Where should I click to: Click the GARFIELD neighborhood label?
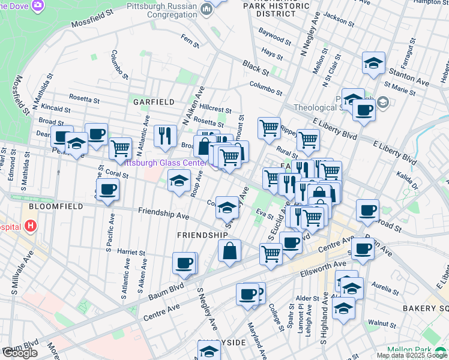point(154,102)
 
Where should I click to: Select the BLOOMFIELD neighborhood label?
point(48,205)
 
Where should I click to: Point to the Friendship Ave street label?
point(163,213)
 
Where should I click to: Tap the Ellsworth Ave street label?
point(325,264)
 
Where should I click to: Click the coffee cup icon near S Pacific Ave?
point(107,190)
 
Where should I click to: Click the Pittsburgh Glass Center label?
point(162,162)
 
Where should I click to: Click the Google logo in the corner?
point(20,353)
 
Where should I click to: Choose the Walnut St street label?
point(379,323)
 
